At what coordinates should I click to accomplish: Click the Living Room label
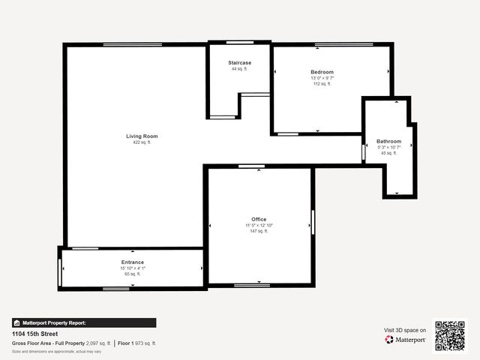[x=142, y=136]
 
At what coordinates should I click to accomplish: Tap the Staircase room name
[x=239, y=63]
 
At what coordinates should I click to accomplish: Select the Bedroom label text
[x=322, y=72]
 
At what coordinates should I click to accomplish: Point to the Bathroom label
[x=388, y=141]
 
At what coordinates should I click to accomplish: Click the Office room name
[x=259, y=219]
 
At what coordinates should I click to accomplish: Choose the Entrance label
[x=132, y=262]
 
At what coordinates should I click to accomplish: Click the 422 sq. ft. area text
[x=142, y=142]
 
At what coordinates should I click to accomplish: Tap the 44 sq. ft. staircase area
[x=239, y=69]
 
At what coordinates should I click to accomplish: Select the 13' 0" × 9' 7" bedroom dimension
[x=322, y=78]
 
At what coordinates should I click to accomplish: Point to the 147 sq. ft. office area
[x=259, y=231]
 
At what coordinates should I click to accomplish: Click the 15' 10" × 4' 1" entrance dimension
[x=132, y=268]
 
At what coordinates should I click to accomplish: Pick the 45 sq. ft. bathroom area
[x=388, y=153]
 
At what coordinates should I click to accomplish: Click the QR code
[x=450, y=336]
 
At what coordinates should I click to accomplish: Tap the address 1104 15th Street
[x=34, y=334]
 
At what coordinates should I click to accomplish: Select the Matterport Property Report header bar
[x=84, y=322]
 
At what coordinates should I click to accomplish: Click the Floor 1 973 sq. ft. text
[x=137, y=343]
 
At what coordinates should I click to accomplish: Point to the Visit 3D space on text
[x=405, y=330]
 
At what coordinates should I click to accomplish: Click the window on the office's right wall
[x=313, y=222]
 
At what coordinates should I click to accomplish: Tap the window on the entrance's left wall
[x=60, y=271]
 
